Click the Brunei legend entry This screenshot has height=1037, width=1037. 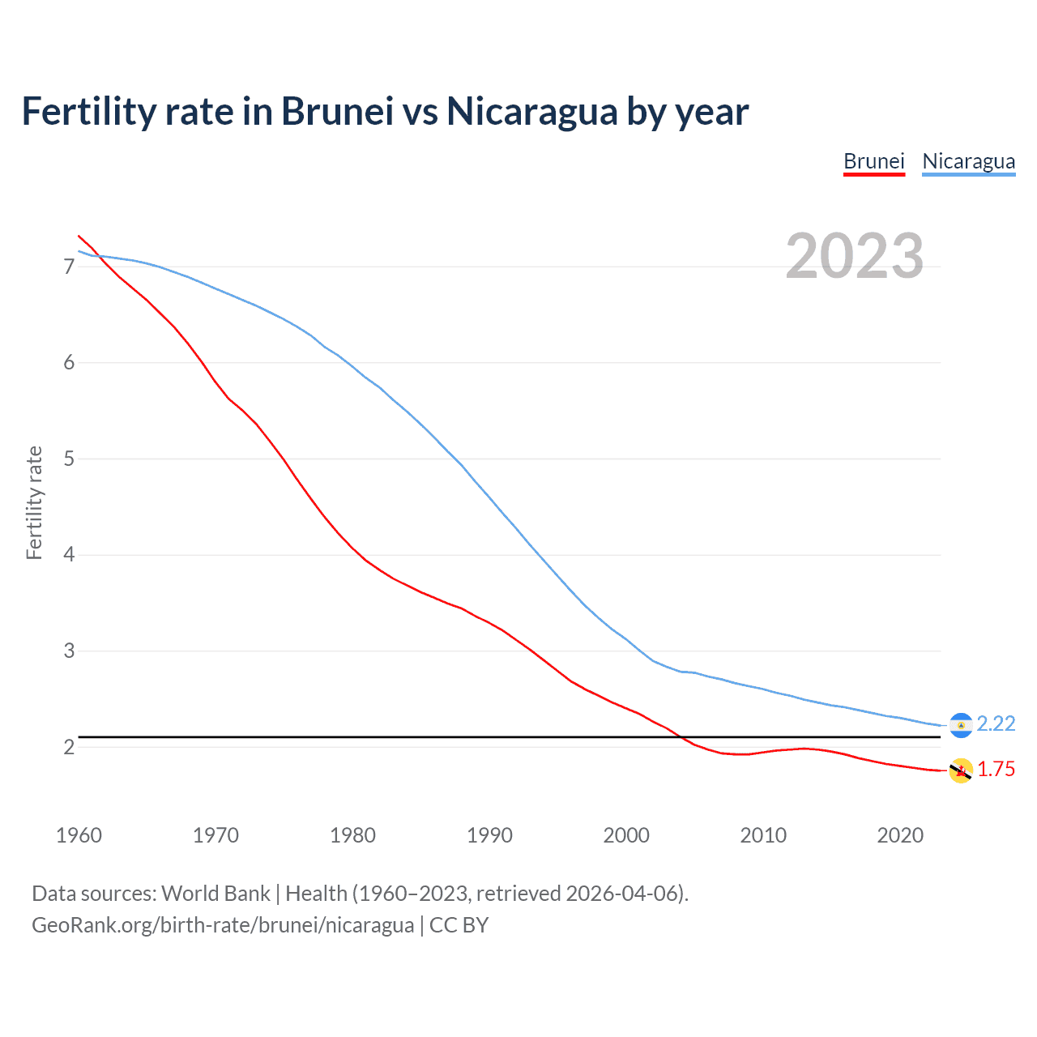coord(873,161)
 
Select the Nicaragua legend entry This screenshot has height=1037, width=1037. coord(968,161)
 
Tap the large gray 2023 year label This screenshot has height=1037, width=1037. coord(854,256)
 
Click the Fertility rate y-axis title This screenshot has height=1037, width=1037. coord(34,502)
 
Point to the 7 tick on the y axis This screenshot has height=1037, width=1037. coord(69,267)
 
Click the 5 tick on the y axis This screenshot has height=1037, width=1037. coord(69,459)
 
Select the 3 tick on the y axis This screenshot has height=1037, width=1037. coord(69,651)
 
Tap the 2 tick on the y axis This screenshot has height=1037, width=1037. coord(69,747)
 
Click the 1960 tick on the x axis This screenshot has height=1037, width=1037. coord(79,835)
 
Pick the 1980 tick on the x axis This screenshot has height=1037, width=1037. coord(352,835)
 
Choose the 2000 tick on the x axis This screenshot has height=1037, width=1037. coord(626,835)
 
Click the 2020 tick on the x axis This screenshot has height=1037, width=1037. coord(900,835)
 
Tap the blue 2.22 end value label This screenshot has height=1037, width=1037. coord(996,723)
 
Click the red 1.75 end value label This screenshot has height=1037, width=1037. coord(996,770)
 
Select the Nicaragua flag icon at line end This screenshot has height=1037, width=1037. coord(961,725)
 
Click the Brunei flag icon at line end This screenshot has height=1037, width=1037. coord(961,770)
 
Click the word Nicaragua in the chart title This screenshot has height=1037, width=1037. coord(531,112)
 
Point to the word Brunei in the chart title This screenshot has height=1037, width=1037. coord(337,112)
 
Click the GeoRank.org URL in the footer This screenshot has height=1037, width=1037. coord(223,925)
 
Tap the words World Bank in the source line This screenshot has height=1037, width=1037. coord(216,894)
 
